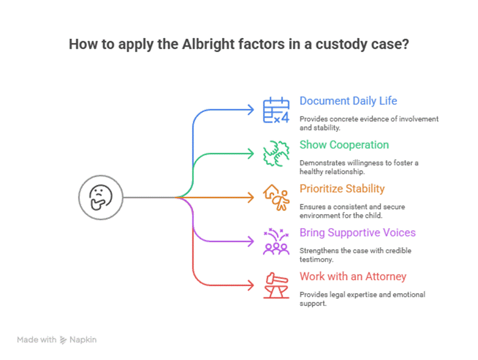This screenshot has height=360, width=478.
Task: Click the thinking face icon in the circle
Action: click(x=101, y=197)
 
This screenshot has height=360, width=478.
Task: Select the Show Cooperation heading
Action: click(x=344, y=145)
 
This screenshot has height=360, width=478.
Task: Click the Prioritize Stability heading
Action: click(x=342, y=189)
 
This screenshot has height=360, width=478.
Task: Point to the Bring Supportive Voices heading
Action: click(x=357, y=232)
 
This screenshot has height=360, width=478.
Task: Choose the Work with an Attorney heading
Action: click(x=352, y=277)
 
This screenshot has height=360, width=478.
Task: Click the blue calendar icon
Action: click(x=276, y=110)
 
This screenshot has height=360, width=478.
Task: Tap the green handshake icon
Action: click(x=276, y=154)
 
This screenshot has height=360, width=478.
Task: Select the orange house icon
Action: click(x=276, y=197)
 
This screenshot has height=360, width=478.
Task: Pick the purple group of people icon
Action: click(x=276, y=241)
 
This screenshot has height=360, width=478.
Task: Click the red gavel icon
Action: click(x=276, y=285)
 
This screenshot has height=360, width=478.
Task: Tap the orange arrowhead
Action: click(x=249, y=197)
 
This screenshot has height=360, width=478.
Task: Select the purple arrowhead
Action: click(x=249, y=241)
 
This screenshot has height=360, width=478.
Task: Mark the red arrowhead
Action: click(x=249, y=285)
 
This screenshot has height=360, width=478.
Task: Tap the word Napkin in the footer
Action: click(x=83, y=339)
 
